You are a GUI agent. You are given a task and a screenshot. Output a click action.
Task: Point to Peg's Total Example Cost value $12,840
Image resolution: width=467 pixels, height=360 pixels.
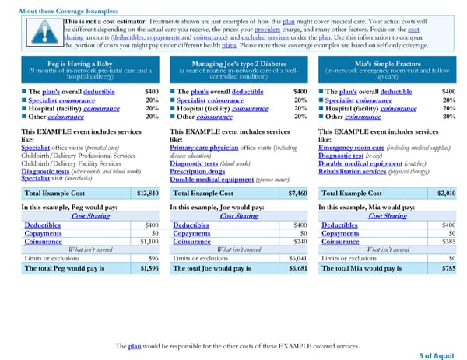click(x=147, y=193)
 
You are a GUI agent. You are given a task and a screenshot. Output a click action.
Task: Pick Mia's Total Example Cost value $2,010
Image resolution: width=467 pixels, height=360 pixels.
click(x=447, y=193)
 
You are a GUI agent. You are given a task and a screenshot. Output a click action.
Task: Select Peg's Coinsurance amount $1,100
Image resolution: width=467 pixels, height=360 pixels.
click(x=148, y=241)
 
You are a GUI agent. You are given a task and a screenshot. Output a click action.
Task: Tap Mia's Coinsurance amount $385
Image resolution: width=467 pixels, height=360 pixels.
click(x=449, y=241)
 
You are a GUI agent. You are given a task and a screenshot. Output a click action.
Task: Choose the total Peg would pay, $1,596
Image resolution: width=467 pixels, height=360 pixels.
click(x=148, y=268)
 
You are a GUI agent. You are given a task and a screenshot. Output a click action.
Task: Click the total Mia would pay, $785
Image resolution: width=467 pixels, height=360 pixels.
click(x=448, y=268)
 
